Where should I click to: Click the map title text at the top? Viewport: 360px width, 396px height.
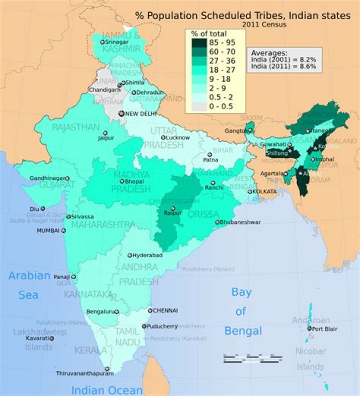click(243, 15)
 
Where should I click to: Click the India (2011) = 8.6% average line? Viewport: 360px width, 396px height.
click(283, 66)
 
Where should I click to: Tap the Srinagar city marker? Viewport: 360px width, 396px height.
click(102, 42)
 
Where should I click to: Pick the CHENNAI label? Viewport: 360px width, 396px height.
click(165, 310)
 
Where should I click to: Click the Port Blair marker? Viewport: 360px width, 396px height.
click(309, 329)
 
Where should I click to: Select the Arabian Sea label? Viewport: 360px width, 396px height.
click(28, 285)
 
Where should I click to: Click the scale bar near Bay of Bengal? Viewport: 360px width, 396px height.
click(252, 359)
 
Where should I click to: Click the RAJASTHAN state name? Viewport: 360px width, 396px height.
click(75, 127)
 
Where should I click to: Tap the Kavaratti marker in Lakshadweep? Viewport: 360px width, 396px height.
click(51, 338)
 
